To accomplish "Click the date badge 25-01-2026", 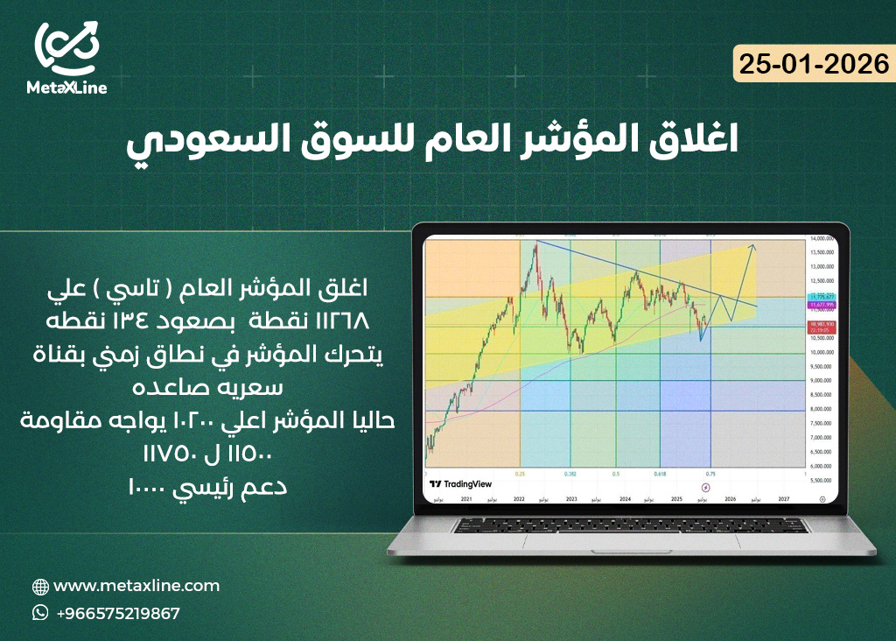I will (x=814, y=65).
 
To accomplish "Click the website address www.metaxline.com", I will (x=136, y=586).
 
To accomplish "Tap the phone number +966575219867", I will (x=117, y=613).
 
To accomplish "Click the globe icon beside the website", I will (x=40, y=587).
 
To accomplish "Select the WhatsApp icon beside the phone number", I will (x=40, y=613).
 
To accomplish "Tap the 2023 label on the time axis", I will (x=570, y=497).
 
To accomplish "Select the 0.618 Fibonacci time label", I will (x=658, y=474).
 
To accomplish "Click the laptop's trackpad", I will (x=630, y=543).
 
